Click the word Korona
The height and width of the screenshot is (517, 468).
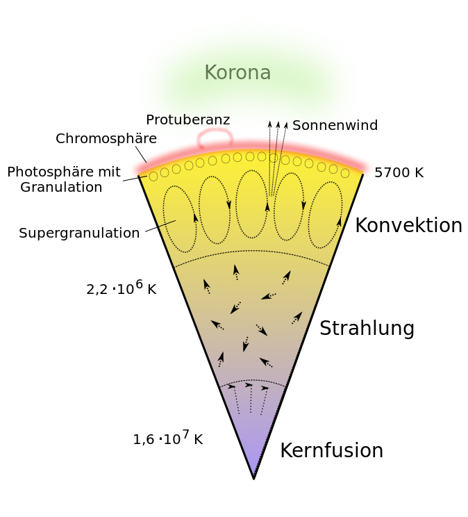[x=237, y=73]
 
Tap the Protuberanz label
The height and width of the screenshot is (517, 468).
[x=187, y=120]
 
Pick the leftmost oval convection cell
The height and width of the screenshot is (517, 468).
[x=180, y=219]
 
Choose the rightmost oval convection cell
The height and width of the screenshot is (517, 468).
[x=325, y=215]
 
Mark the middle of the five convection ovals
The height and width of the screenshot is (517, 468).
[x=251, y=204]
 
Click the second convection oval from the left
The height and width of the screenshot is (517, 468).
[x=215, y=210]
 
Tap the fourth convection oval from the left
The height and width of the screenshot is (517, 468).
[x=289, y=206]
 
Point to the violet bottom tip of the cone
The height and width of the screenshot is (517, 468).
[x=254, y=468]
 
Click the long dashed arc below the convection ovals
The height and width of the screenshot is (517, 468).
[x=251, y=252]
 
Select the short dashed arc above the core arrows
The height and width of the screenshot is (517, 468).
[x=252, y=380]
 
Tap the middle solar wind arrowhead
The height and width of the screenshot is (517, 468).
[x=278, y=125]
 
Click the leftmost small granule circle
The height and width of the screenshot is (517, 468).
[x=153, y=176]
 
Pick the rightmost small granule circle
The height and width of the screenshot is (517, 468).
[x=345, y=173]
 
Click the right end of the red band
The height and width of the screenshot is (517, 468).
[x=368, y=168]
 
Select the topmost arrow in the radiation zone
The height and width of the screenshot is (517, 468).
[x=236, y=272]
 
